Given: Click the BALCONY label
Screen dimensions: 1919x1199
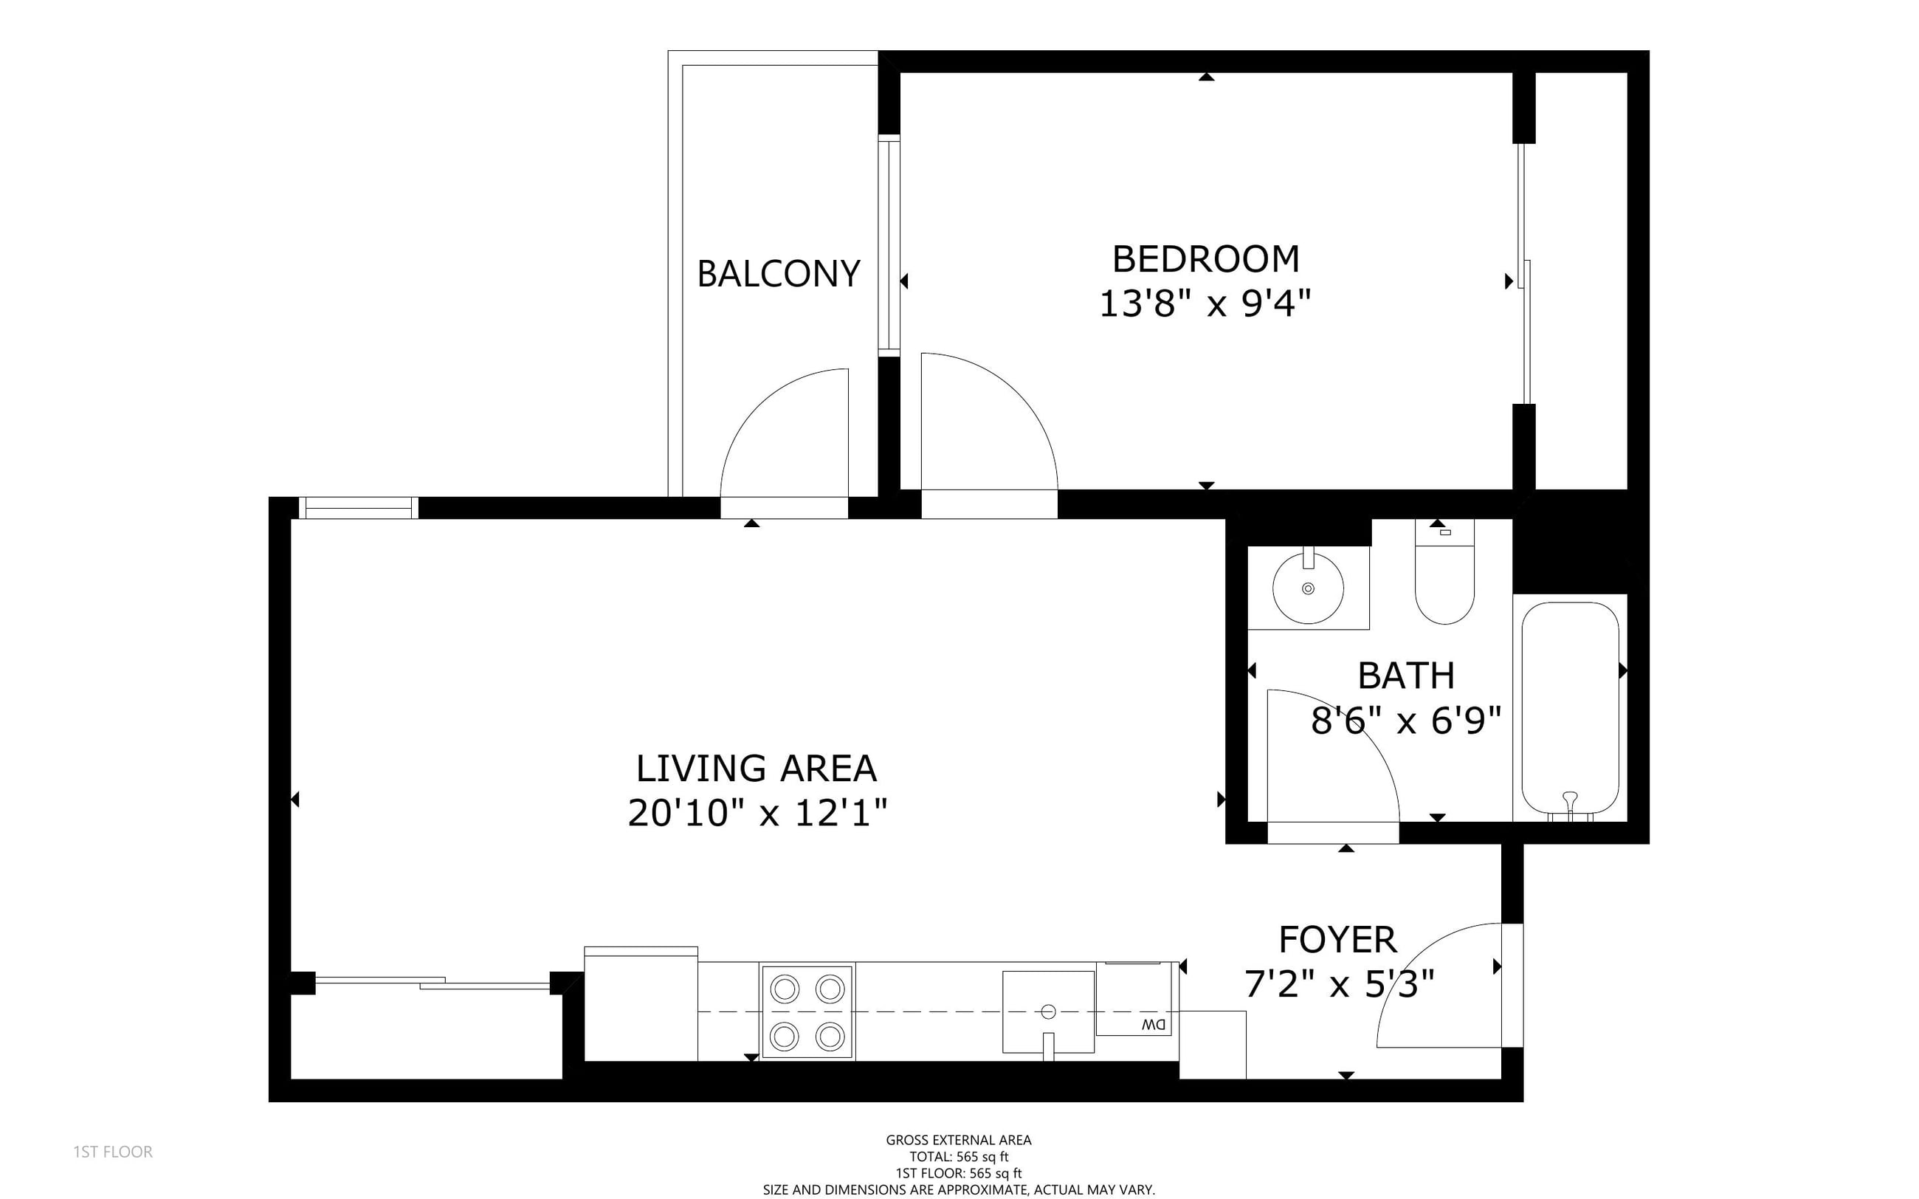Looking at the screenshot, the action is coord(779,275).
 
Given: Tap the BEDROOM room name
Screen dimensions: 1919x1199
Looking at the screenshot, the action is coord(1205,259).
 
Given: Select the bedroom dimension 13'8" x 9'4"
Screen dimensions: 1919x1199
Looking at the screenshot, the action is coord(1205,303).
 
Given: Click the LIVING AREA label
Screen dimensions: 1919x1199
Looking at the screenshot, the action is coord(757,769).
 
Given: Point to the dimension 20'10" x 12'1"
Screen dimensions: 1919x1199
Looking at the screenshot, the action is coord(757,813).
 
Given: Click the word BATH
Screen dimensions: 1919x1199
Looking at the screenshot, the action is coord(1406,676).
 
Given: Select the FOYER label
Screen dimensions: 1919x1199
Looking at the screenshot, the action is coord(1338,941).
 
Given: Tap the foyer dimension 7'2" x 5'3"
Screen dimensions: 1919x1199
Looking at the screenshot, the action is coord(1340,985).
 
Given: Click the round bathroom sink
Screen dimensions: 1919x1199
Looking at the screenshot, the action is coord(1308,588).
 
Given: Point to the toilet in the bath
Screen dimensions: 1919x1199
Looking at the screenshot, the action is coord(1444,572).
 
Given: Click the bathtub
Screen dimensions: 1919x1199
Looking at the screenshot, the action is coord(1569,708).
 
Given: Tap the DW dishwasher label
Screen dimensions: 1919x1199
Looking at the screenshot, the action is coord(1154,1025).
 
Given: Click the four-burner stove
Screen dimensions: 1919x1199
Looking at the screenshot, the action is coord(807,1012).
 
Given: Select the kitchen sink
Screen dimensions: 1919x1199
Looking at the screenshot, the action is coord(1048,1012).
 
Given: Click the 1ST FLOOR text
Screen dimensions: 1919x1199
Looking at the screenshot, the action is coord(112,1152).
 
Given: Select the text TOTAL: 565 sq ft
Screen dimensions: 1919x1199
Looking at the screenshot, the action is coord(958,1157).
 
